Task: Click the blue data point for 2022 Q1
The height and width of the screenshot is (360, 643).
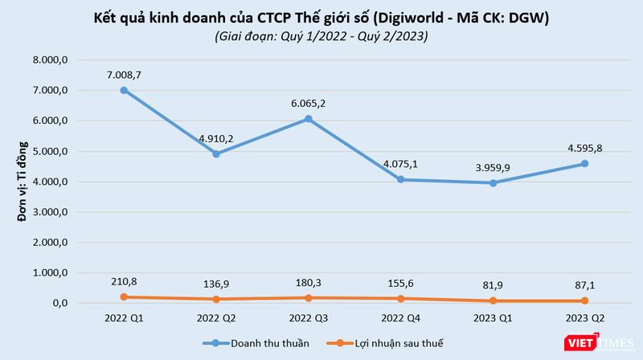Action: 124,90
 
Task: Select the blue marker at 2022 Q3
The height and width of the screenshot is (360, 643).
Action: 308,119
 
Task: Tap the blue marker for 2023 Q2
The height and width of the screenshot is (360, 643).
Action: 584,163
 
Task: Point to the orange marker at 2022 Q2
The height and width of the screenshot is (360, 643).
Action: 215,299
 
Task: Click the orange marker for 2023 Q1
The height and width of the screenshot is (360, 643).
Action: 492,301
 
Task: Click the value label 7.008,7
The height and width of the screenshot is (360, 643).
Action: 124,74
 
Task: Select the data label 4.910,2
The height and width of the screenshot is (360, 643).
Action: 215,138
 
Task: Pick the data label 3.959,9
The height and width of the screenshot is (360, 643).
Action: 492,167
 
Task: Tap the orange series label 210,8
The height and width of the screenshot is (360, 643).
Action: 124,280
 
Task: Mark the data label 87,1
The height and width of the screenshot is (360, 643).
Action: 584,285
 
